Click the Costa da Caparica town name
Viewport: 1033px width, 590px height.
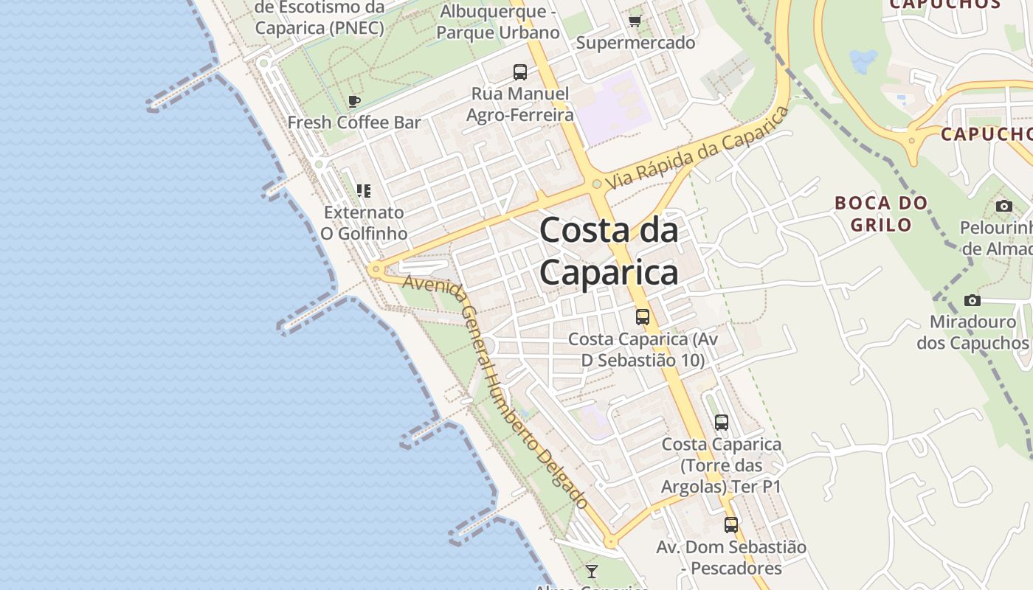(609, 251)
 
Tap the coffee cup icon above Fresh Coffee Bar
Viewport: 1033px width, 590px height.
(354, 101)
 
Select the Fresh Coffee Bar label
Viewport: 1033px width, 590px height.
(354, 122)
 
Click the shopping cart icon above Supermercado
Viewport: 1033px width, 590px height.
(635, 21)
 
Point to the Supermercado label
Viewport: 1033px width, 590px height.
(635, 43)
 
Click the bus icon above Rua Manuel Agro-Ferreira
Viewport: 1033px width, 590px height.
(520, 72)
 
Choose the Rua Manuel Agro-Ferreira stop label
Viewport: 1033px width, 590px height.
(520, 104)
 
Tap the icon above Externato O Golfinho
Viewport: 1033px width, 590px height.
(364, 191)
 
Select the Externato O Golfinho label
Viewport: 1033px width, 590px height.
(364, 223)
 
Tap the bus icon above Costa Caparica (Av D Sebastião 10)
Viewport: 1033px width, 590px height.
(643, 317)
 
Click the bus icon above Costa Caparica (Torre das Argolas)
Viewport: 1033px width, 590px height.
(722, 423)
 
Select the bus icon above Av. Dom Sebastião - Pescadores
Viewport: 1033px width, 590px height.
(731, 525)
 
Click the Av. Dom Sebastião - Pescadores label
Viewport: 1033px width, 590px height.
(731, 558)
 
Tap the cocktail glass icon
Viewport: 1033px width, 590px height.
(591, 572)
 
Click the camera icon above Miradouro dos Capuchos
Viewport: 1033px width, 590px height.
(972, 301)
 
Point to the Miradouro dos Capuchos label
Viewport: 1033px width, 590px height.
(972, 333)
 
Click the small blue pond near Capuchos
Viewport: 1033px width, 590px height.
(863, 60)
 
